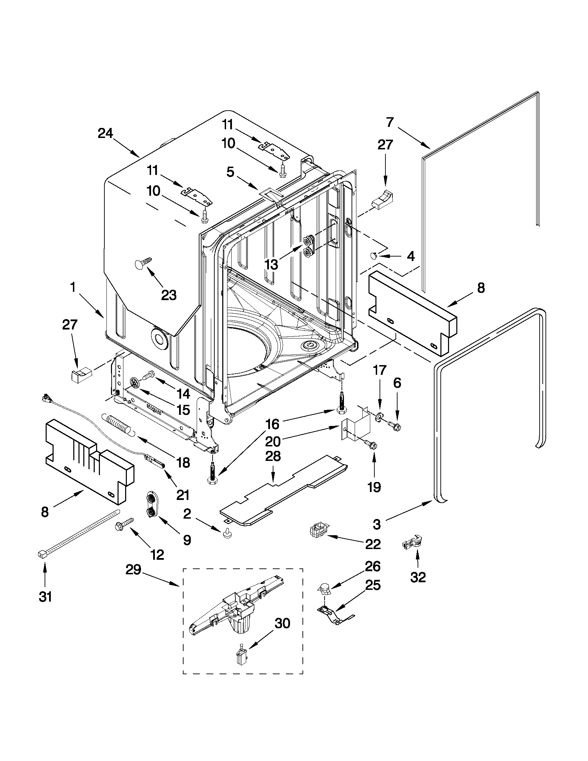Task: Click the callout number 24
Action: pos(105,133)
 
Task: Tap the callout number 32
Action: pos(418,578)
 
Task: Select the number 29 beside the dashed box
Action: pos(133,570)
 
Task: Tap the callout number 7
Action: pos(390,123)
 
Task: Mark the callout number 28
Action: pos(273,457)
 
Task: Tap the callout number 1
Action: pos(73,287)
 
